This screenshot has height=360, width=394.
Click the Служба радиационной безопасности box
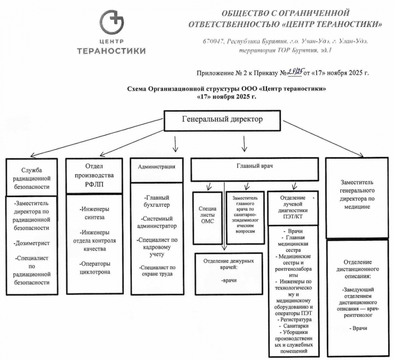31,177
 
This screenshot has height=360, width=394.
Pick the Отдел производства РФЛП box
94,175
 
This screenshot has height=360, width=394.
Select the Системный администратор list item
156,221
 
